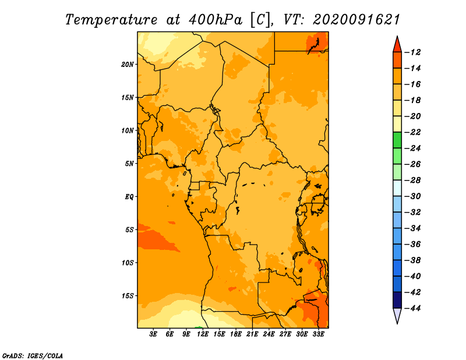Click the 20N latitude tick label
coord(128,65)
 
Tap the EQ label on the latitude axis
coord(129,197)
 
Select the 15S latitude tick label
coord(128,296)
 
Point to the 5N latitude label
coord(129,164)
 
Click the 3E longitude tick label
coord(153,334)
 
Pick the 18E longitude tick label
coord(236,334)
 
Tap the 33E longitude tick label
coord(318,334)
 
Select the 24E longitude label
coord(269,334)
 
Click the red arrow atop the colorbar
coord(397,45)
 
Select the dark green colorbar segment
coord(397,140)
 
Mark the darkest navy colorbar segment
coord(397,300)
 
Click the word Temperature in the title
coord(111,20)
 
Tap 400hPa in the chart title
coord(216,20)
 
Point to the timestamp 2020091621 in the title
coord(356,20)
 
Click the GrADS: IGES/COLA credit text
coord(33,356)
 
